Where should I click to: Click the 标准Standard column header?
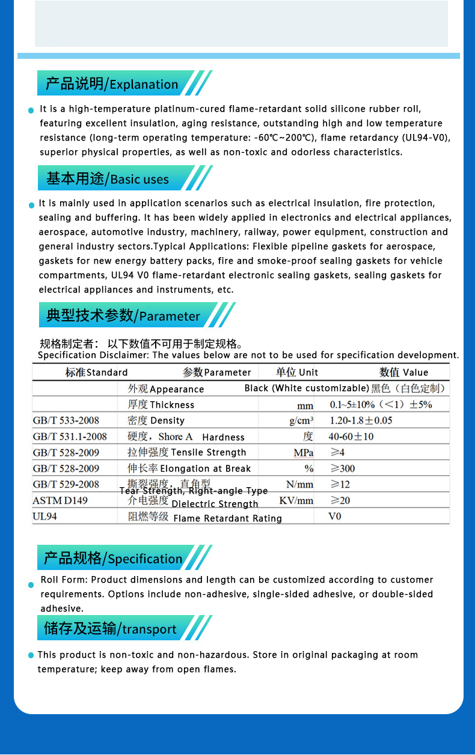coord(96,372)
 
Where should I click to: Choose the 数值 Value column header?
coord(403,372)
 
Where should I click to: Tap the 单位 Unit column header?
coord(297,372)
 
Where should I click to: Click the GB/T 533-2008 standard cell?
coord(66,420)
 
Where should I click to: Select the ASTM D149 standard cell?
coord(60,500)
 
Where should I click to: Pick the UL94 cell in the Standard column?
coord(45,516)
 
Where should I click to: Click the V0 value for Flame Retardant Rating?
coord(335,516)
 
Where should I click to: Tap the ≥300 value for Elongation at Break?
coord(343,468)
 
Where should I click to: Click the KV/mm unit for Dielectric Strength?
coord(296,500)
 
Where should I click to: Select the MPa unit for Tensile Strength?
coord(303,453)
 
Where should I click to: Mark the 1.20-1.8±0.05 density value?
coord(361,420)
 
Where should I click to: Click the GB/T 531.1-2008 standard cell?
coord(70,437)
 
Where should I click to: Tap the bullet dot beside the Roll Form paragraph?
coord(31,585)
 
